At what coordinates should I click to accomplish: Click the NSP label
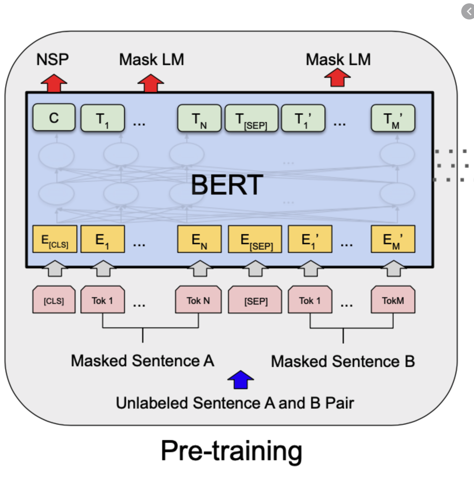click(x=52, y=59)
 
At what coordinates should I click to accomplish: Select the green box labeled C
click(x=54, y=117)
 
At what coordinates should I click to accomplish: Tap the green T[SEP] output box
click(x=251, y=118)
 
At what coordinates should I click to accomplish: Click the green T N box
click(x=199, y=118)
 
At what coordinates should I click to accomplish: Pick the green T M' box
click(x=393, y=118)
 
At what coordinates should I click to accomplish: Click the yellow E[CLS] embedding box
click(x=55, y=239)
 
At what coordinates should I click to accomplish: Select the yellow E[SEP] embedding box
click(x=255, y=239)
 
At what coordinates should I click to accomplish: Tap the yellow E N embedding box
click(x=199, y=239)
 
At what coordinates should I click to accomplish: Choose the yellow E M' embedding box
click(x=393, y=239)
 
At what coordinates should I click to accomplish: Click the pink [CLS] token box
click(x=54, y=300)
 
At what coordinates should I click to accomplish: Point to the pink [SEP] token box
click(x=255, y=300)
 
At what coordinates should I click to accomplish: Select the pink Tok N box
click(x=198, y=300)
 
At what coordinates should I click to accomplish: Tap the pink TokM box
click(x=393, y=300)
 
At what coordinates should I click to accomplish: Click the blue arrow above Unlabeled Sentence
click(x=240, y=380)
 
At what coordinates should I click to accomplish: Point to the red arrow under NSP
click(x=54, y=83)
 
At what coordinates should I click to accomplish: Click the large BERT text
click(x=227, y=185)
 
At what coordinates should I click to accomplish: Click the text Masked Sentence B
click(x=343, y=361)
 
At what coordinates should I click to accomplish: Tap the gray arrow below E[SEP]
click(x=255, y=268)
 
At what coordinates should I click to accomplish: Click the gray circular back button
click(x=468, y=11)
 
